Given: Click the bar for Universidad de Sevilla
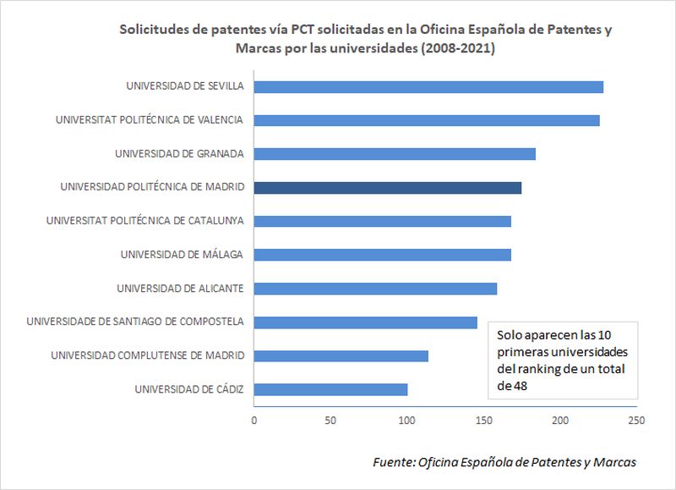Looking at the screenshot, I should (428, 86).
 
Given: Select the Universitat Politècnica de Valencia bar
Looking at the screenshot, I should (426, 120).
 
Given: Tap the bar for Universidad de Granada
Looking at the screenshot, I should (394, 154).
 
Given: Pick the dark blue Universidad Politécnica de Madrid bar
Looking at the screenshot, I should (387, 188).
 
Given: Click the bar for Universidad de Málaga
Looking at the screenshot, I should (382, 255).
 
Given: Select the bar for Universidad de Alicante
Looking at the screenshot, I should (375, 289).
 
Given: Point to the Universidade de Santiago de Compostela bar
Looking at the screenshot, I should (365, 322).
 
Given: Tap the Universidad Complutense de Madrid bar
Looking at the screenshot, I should (341, 355).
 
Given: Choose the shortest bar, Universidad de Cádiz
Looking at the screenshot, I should (330, 389).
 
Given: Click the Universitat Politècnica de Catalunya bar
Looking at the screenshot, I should (382, 221).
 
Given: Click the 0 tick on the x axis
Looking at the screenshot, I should (253, 419).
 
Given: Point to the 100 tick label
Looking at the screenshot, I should (407, 419).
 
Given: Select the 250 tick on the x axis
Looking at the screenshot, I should (636, 419).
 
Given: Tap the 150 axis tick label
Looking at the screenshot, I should (483, 419).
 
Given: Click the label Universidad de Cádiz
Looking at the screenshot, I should (189, 389).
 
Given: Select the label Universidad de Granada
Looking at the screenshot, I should (179, 154).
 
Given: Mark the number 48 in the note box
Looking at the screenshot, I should (504, 386).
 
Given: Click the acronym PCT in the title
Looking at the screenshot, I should (304, 30).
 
